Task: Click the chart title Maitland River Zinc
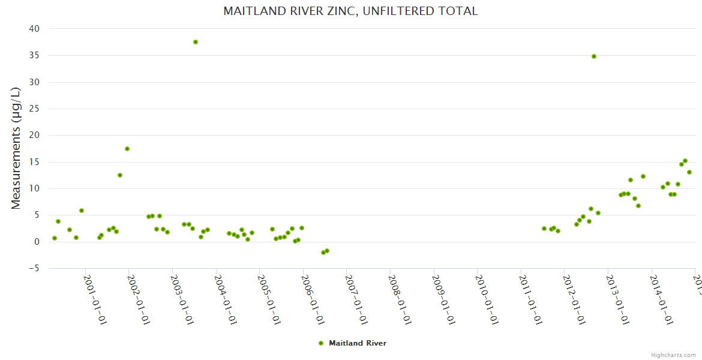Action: (350, 11)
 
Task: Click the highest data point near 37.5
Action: (196, 42)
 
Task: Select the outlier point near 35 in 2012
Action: (594, 56)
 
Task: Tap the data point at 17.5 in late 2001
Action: (127, 149)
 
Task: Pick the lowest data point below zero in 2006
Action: (323, 253)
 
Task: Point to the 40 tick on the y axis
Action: (34, 29)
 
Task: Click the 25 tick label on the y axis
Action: (34, 109)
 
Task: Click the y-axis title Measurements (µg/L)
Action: (16, 148)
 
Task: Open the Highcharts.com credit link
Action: (674, 355)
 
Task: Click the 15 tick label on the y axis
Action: (34, 162)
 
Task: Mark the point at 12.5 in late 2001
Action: (120, 175)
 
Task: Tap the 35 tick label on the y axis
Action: (34, 55)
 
